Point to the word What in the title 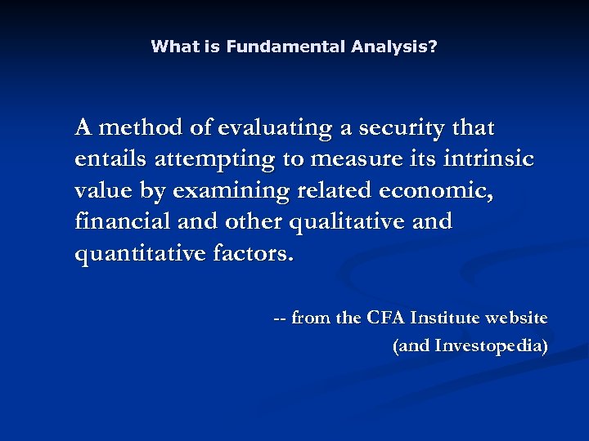(x=173, y=47)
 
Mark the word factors (x=252, y=254)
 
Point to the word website (x=519, y=318)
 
